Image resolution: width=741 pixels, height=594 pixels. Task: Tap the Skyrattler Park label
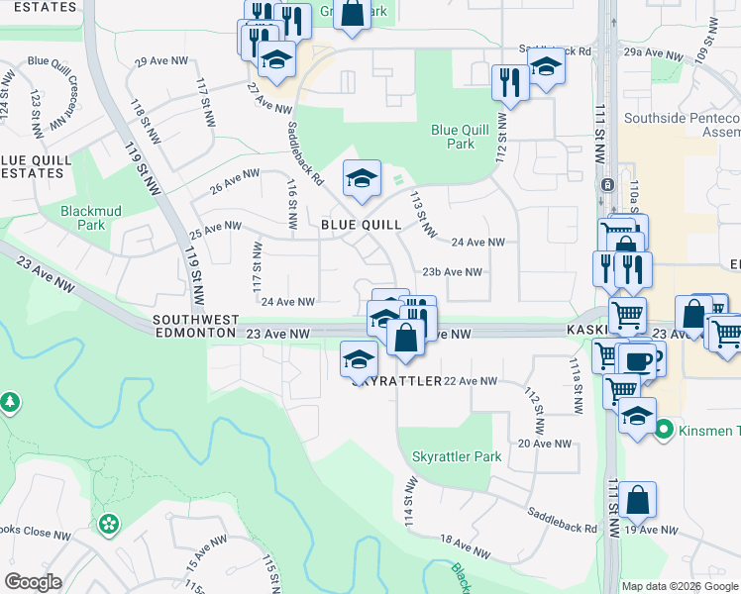(x=457, y=457)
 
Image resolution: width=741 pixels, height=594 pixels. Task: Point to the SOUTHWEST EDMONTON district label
(x=195, y=327)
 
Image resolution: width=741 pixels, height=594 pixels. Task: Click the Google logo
(x=33, y=582)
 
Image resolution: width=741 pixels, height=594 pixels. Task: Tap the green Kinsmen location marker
(x=664, y=430)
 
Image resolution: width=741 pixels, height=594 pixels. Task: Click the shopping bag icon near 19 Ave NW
(x=639, y=499)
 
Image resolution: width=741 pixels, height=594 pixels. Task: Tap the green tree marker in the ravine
(x=10, y=402)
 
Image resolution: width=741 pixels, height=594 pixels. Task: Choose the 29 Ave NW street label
(x=160, y=61)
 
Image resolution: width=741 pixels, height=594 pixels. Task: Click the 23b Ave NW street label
(x=452, y=272)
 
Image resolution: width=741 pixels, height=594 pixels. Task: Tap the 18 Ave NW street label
(x=466, y=546)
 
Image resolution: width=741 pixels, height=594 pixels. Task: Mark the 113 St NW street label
(x=423, y=215)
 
